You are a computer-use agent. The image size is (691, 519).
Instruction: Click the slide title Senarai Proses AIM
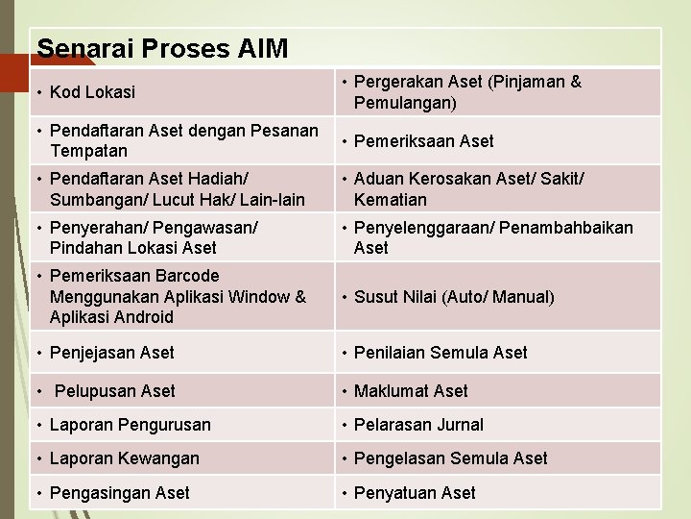tap(161, 47)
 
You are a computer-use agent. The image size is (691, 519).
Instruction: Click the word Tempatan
tap(88, 151)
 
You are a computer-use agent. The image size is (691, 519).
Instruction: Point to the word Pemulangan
tap(402, 102)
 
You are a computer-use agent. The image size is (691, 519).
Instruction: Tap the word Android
tap(142, 317)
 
